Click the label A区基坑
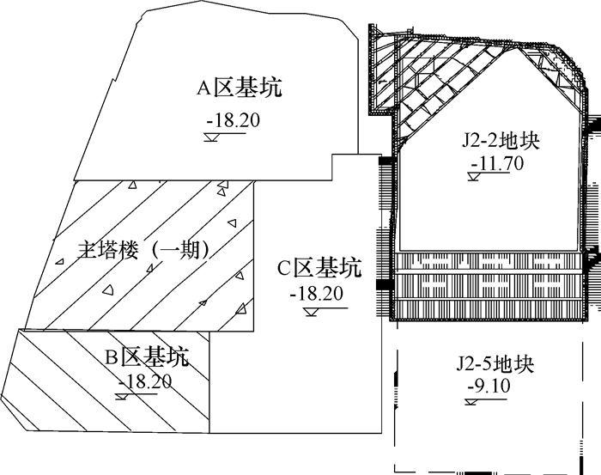pos(240,88)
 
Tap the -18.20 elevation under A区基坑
pos(233,120)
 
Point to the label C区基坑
pos(319,268)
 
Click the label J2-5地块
pos(495,364)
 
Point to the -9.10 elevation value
pos(491,386)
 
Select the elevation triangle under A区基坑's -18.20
pos(211,136)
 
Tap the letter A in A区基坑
pos(204,88)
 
